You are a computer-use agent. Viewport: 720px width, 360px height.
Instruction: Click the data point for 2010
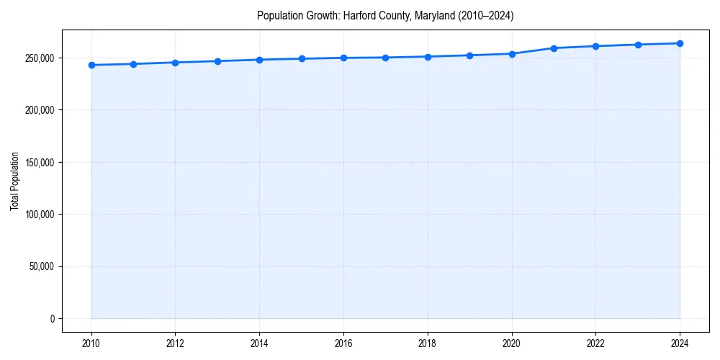[91, 65]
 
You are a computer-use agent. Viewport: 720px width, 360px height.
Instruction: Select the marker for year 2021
[554, 48]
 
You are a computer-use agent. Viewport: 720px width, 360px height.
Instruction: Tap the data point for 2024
[680, 43]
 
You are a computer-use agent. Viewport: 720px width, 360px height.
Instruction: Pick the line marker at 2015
[302, 58]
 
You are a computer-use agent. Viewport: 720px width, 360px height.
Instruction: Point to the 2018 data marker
[428, 56]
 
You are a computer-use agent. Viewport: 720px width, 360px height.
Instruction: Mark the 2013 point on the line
[217, 61]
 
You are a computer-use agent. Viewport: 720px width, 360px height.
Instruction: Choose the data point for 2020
[512, 53]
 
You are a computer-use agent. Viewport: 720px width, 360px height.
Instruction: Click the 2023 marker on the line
[638, 45]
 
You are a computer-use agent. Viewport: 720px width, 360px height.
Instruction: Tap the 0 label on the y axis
[52, 319]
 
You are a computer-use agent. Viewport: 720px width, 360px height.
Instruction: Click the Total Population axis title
[14, 181]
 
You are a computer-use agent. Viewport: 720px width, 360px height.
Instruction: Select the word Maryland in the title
[433, 15]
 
